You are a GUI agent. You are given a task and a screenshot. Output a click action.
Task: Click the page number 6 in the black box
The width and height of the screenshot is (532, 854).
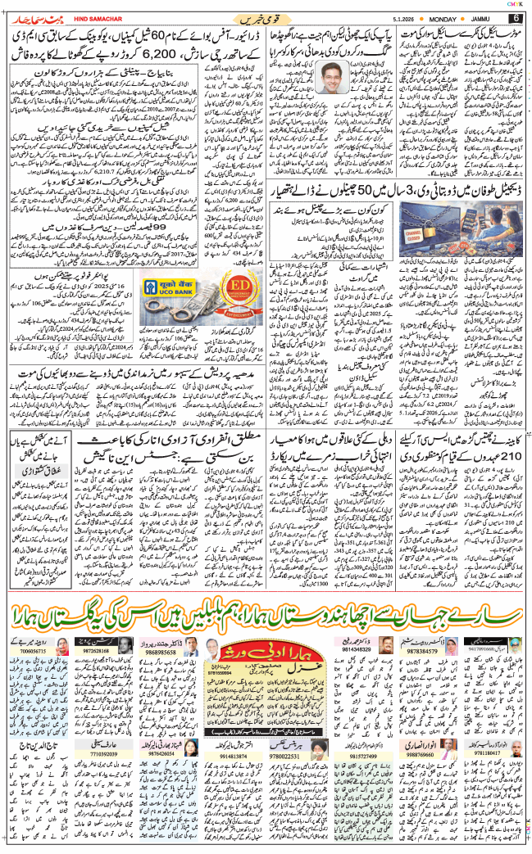(516, 18)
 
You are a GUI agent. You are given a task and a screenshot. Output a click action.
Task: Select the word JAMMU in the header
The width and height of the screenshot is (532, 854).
(487, 18)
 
